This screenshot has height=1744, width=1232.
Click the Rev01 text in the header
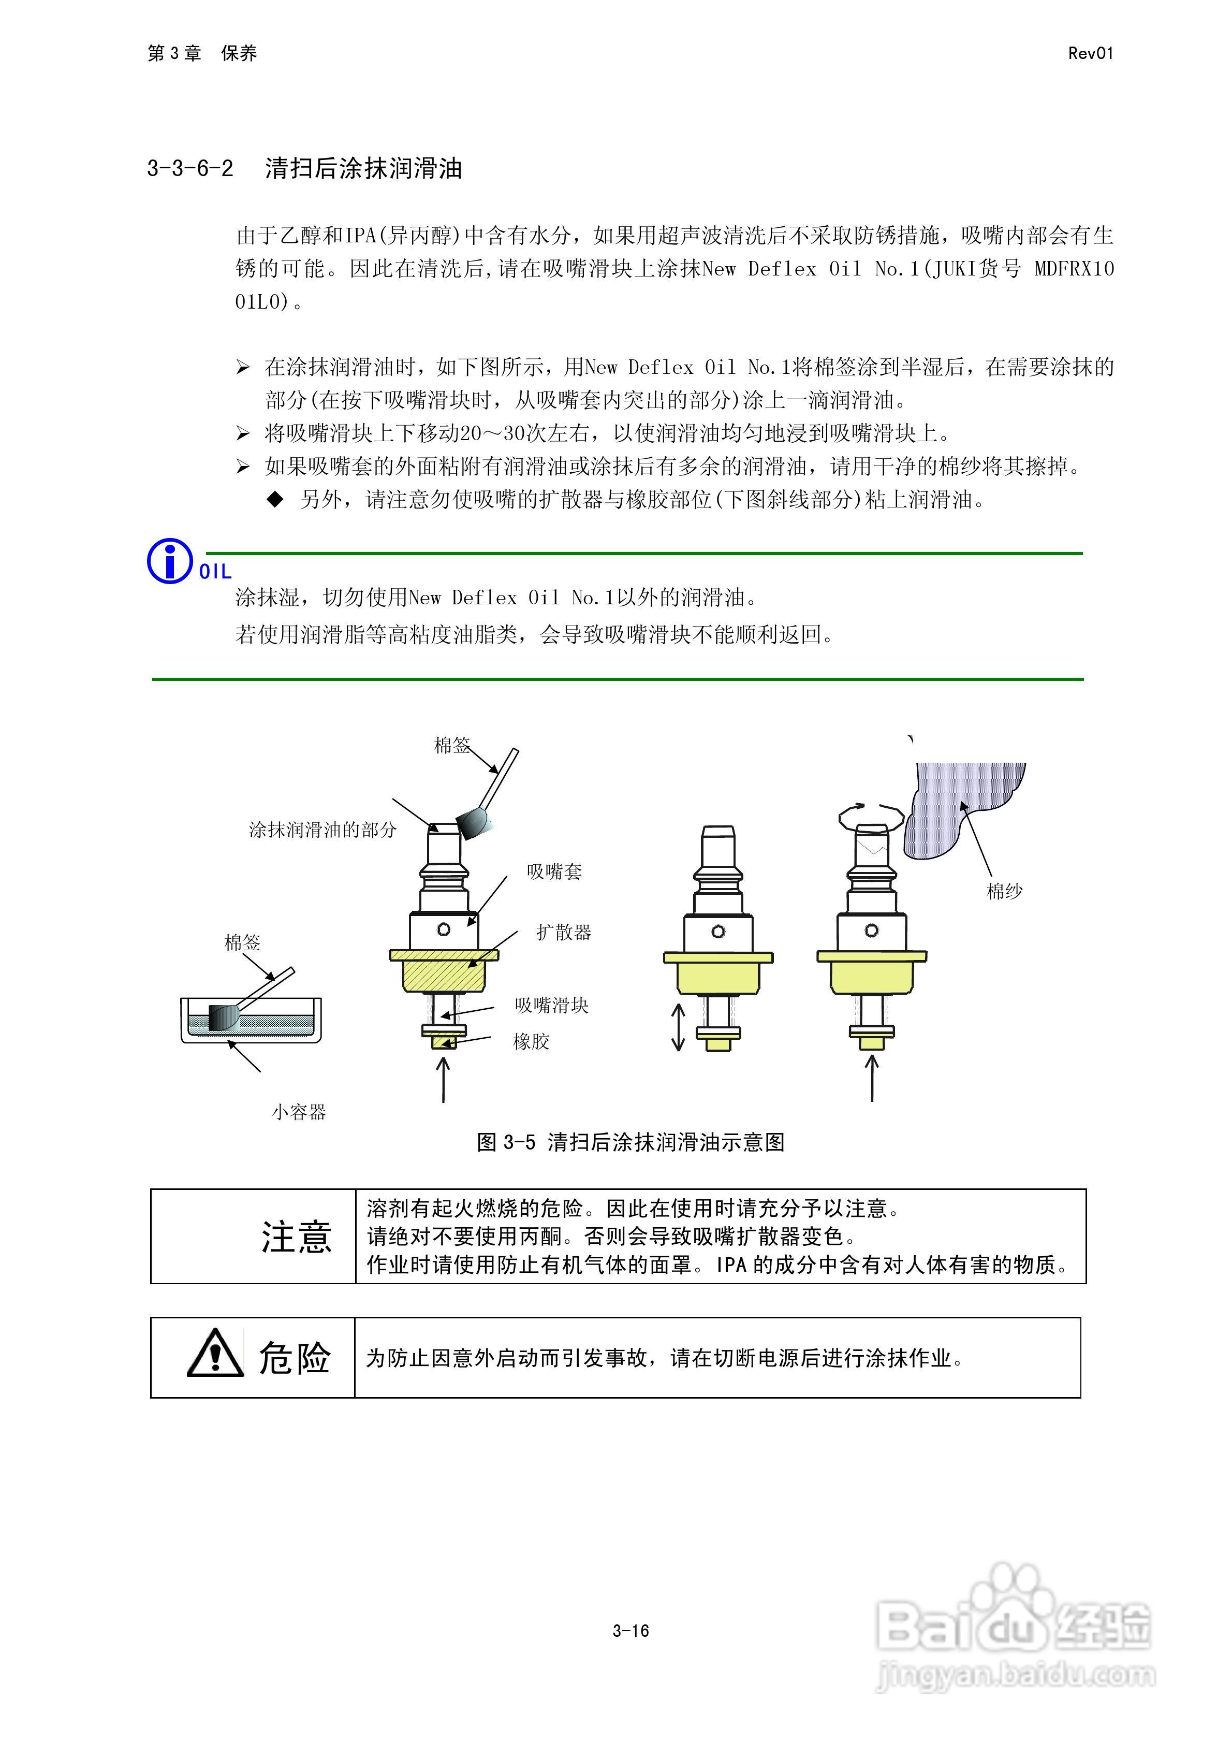click(1090, 53)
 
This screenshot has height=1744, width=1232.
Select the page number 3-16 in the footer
click(630, 1631)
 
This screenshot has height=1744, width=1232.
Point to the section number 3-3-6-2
click(190, 168)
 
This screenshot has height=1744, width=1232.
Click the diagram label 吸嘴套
click(554, 872)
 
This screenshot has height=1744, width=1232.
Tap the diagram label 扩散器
click(564, 933)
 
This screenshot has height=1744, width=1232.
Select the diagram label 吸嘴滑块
click(551, 1006)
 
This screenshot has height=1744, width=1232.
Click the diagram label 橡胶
click(531, 1041)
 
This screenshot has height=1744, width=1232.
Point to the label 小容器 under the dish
click(299, 1113)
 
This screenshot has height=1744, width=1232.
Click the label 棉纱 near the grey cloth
click(1004, 891)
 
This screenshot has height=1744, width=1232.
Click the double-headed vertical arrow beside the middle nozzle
click(678, 1027)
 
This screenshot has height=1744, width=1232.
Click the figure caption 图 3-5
click(630, 1142)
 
